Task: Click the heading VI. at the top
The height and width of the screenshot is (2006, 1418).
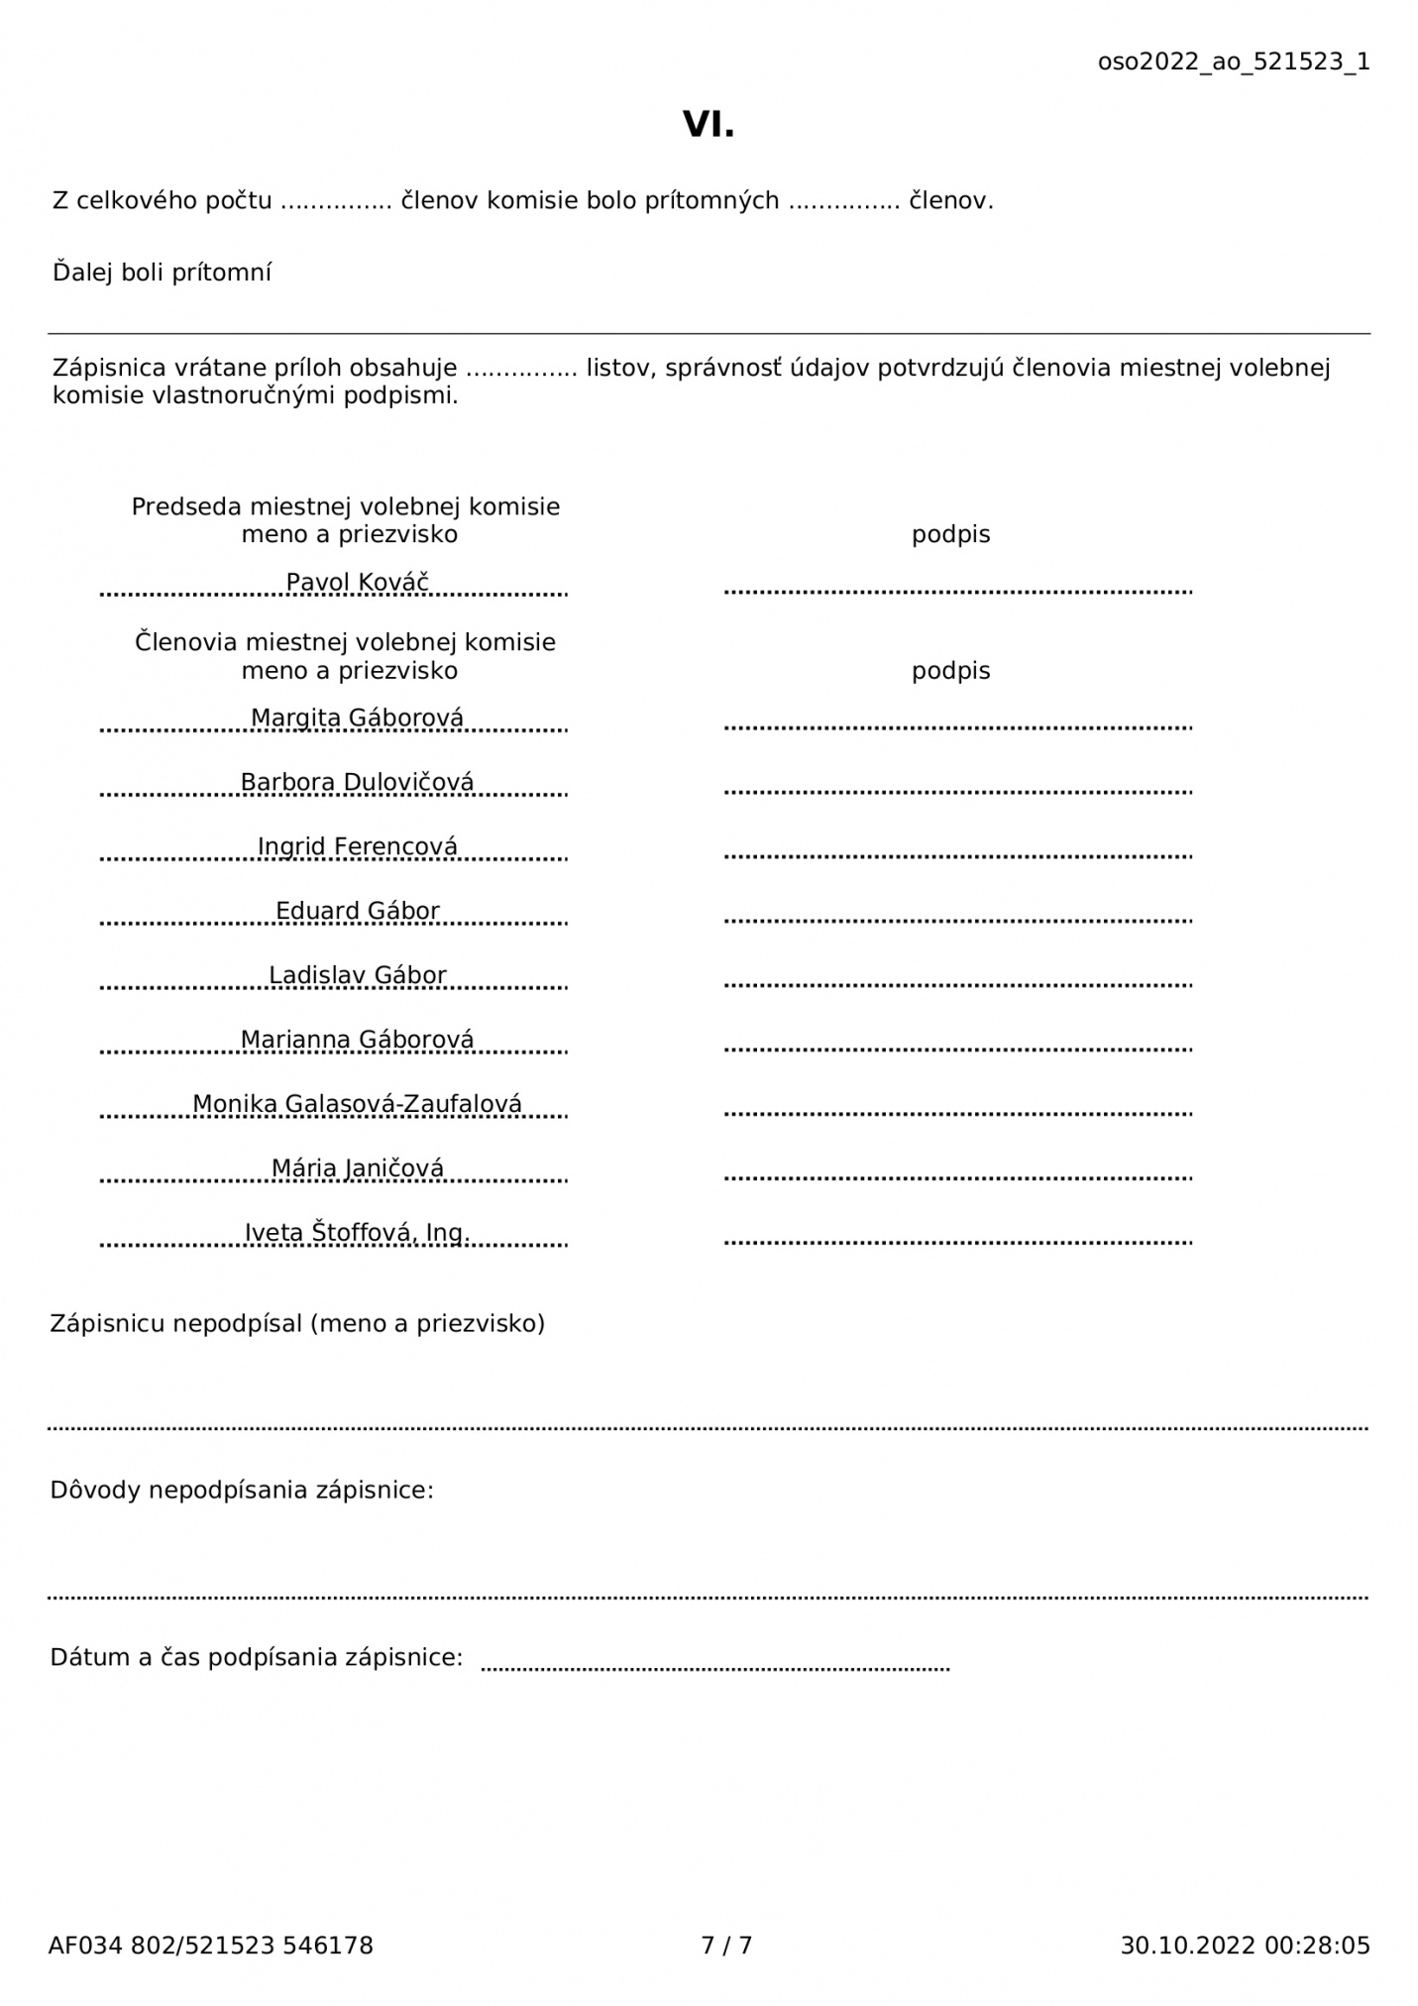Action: point(709,125)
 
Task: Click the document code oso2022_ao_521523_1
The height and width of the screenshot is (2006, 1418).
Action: point(1233,61)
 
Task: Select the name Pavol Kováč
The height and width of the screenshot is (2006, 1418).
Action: point(357,582)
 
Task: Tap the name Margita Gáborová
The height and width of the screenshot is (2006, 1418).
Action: point(357,718)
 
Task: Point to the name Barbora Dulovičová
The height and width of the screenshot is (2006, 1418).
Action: point(357,782)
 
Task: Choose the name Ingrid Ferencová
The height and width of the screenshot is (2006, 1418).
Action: point(357,846)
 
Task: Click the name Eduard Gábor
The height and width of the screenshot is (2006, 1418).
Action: point(357,911)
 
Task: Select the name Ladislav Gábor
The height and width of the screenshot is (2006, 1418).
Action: point(357,975)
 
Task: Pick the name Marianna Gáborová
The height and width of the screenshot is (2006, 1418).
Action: point(357,1040)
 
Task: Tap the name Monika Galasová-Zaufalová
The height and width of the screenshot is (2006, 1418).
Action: point(357,1104)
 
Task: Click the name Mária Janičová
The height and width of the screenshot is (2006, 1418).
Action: point(357,1169)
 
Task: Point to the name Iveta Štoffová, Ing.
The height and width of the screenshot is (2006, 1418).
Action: point(357,1233)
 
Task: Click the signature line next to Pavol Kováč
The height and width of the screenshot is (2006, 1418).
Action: point(957,592)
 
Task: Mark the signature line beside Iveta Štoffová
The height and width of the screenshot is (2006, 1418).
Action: point(957,1242)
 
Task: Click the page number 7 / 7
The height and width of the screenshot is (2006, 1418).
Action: point(726,1946)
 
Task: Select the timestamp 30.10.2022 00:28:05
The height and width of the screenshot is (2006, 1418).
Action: point(1245,1946)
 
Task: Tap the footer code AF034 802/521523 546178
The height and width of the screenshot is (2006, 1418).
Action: point(210,1946)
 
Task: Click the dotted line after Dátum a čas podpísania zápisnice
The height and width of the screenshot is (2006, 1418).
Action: point(714,1670)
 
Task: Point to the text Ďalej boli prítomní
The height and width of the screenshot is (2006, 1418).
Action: point(162,273)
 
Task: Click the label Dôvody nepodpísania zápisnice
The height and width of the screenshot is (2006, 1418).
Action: point(242,1490)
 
